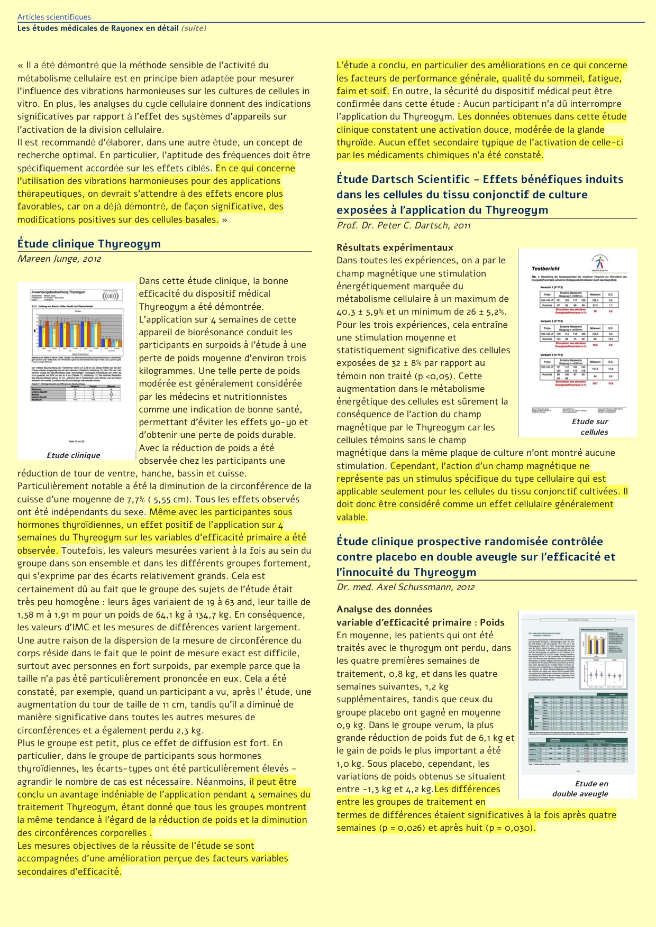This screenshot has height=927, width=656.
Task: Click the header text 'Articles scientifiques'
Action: coord(54,17)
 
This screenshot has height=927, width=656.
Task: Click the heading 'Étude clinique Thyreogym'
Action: coord(89,244)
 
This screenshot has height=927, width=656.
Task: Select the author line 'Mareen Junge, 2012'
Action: coord(59,259)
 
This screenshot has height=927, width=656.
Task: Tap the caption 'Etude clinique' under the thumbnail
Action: coord(73,455)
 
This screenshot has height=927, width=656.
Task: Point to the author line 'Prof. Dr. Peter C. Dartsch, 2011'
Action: coord(404,225)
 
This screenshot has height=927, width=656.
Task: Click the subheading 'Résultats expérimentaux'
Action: coord(395,247)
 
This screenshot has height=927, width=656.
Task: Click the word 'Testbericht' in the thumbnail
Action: coord(545,269)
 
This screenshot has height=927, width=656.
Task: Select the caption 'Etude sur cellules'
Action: coord(592,427)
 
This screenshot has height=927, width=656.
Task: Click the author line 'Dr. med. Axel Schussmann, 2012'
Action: coord(405,587)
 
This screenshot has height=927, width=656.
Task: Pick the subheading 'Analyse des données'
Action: coord(384,609)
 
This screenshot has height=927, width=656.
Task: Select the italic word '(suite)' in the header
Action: coord(194,28)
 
